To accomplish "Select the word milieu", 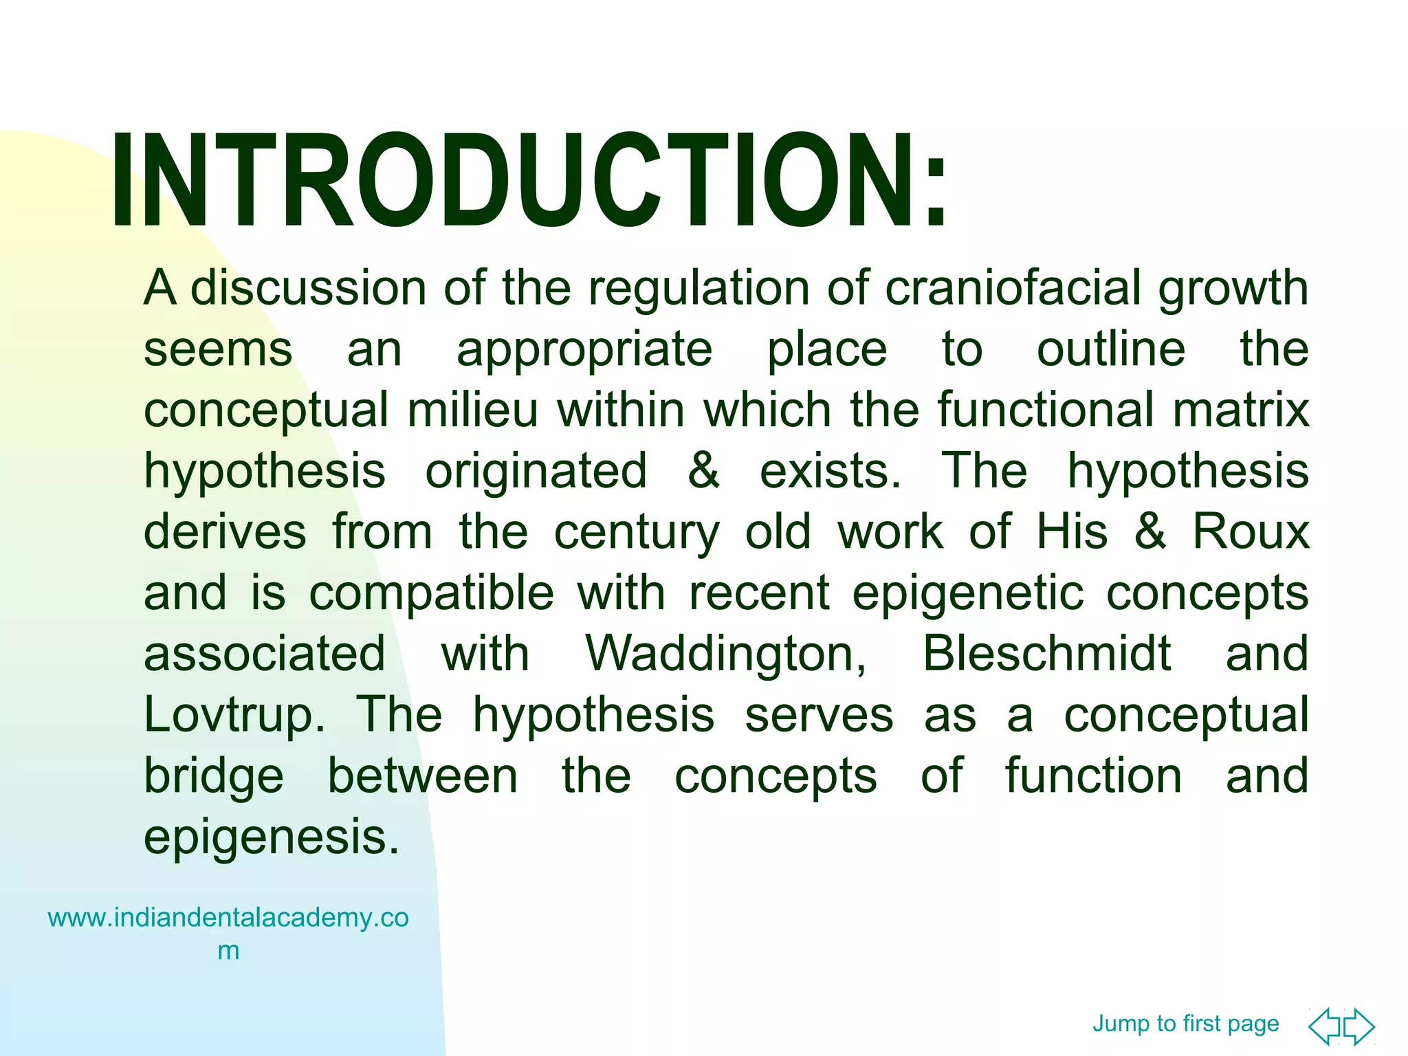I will [x=472, y=410].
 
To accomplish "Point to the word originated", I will [x=536, y=472].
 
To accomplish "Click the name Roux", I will [x=1250, y=532].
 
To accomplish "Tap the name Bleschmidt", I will [x=1046, y=654].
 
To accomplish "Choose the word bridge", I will [x=213, y=777].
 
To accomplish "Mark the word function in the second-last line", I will [x=1093, y=776].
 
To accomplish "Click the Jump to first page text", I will [x=1185, y=1023].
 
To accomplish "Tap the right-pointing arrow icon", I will [x=1360, y=1026].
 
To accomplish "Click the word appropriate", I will [x=584, y=350].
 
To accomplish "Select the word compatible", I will [x=431, y=593].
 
